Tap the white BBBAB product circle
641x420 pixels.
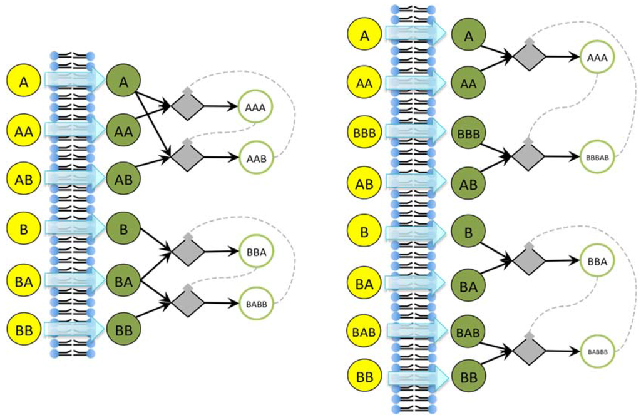(597, 158)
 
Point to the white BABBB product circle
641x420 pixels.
(597, 352)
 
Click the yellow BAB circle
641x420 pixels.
(364, 331)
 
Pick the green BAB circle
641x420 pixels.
(468, 331)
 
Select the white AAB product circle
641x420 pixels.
(255, 159)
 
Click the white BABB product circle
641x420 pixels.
(255, 304)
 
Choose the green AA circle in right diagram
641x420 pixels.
(468, 83)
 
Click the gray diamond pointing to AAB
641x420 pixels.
(188, 157)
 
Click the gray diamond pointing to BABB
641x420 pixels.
(188, 303)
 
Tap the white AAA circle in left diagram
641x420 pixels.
(255, 107)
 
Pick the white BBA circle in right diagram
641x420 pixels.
(597, 261)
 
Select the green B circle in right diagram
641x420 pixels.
(468, 232)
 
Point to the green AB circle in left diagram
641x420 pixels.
(123, 179)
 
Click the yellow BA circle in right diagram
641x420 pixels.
(364, 284)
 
